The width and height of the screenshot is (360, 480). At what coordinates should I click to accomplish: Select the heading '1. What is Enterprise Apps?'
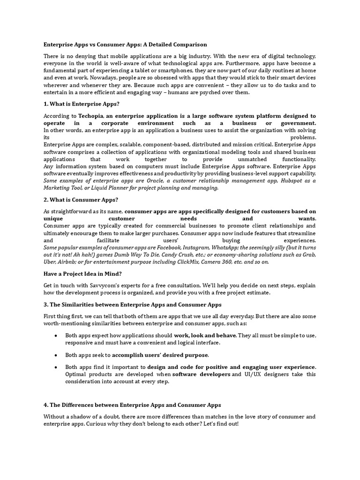82,104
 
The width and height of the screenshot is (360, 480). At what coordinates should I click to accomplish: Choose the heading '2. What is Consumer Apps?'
81,199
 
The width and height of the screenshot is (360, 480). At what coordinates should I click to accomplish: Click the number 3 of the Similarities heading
45,305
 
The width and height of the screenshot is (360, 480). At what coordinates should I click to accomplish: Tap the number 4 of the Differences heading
45,405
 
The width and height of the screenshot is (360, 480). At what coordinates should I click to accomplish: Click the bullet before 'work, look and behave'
56,336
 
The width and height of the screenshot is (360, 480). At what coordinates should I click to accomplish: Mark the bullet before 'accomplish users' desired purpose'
56,355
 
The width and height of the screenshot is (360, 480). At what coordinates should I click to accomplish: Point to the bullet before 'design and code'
56,367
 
